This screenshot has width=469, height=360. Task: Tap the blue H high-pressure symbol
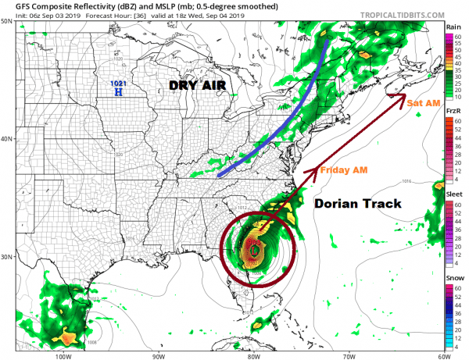coord(119,92)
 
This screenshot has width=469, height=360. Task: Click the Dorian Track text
coord(357,204)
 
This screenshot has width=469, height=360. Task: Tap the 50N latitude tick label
coord(7,21)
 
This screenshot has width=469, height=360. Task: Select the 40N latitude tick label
coord(7,139)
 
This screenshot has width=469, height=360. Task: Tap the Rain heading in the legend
coord(453,27)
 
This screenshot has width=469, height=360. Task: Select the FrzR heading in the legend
coord(453,112)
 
